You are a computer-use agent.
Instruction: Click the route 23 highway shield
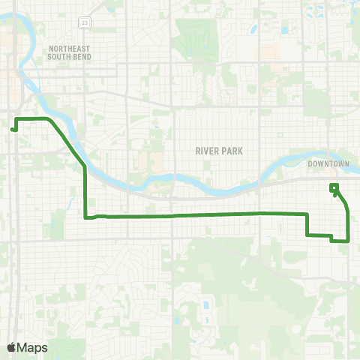click(x=87, y=23)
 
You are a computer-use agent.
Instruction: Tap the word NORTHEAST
click(x=68, y=47)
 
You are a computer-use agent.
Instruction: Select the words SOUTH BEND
click(x=68, y=55)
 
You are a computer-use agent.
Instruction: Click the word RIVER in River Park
click(x=205, y=151)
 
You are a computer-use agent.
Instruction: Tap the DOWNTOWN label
click(x=328, y=163)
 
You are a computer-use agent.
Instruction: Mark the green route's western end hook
click(x=13, y=129)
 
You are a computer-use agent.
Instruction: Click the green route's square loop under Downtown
click(x=334, y=187)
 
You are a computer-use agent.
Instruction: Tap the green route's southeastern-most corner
click(x=349, y=241)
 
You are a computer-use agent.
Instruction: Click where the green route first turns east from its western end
click(x=17, y=119)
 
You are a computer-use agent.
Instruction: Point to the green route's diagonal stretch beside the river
click(x=67, y=142)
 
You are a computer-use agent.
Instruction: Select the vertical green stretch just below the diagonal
click(x=85, y=191)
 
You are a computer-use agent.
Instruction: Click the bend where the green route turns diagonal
click(x=49, y=119)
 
